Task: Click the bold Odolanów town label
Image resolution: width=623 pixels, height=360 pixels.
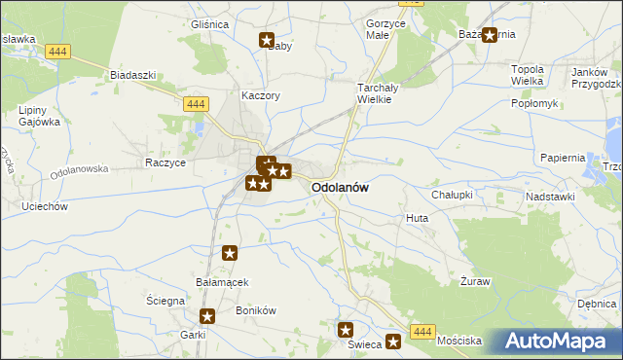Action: (x=339, y=189)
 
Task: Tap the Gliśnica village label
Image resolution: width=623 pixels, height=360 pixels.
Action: (x=209, y=24)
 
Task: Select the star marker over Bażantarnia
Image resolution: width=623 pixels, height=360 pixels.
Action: (x=490, y=35)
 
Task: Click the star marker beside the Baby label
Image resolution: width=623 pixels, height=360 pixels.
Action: (x=267, y=40)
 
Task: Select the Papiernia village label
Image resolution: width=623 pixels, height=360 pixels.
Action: (x=563, y=158)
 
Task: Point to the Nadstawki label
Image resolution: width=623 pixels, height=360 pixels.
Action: (x=550, y=197)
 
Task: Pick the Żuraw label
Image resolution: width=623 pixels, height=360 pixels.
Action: (x=474, y=281)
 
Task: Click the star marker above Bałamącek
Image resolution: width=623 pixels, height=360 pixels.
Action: (x=230, y=254)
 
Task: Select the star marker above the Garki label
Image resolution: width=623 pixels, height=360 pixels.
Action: (x=207, y=316)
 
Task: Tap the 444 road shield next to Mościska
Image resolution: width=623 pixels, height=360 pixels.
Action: (x=421, y=332)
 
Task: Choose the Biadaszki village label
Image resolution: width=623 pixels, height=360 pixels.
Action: (x=133, y=75)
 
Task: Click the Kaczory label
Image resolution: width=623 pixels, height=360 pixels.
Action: (x=261, y=96)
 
